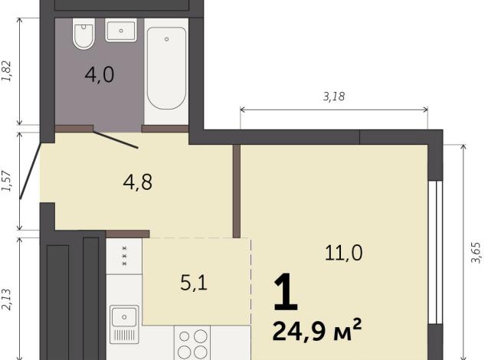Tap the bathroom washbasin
pyautogui.click(x=121, y=31)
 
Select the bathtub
pyautogui.click(x=165, y=68)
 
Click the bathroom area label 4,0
pyautogui.click(x=99, y=76)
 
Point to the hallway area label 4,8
pyautogui.click(x=138, y=182)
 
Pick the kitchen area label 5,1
pyautogui.click(x=192, y=283)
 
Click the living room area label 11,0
pyautogui.click(x=344, y=252)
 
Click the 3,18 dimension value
pyautogui.click(x=334, y=97)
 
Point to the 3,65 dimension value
pyautogui.click(x=475, y=252)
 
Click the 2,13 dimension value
pyautogui.click(x=8, y=296)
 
